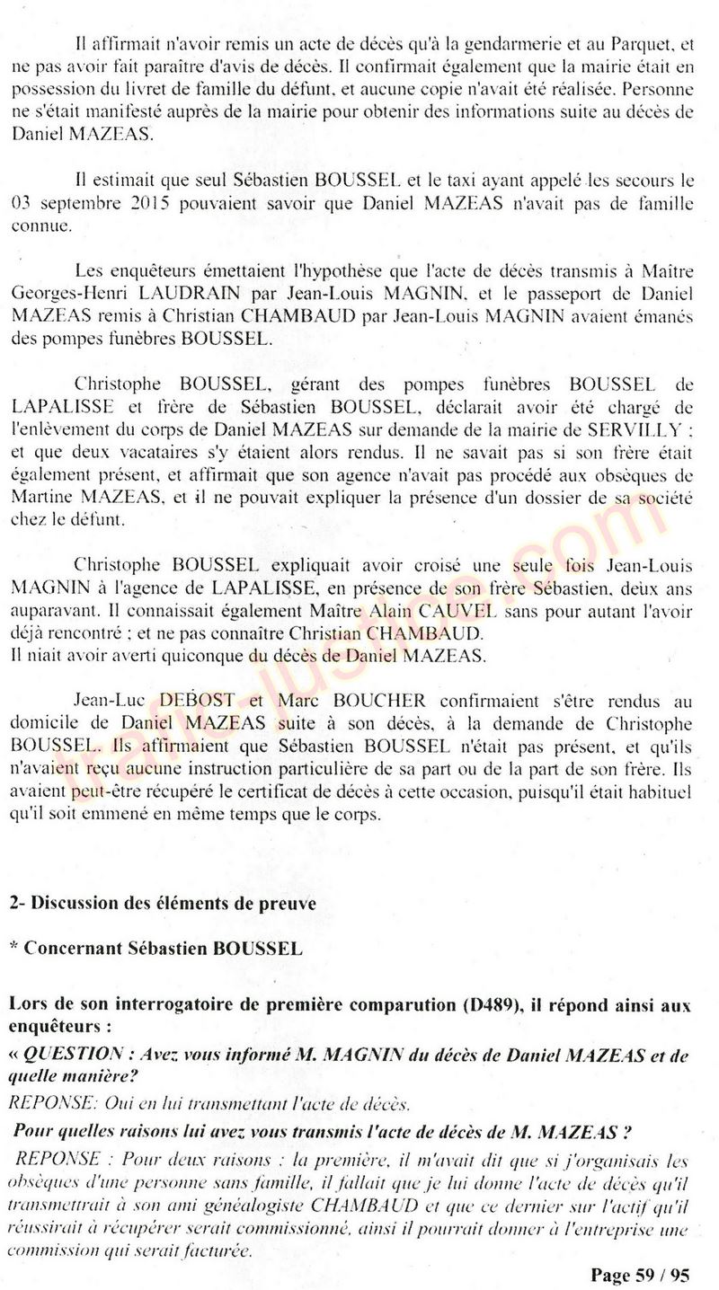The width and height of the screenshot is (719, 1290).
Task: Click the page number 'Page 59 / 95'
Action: pyautogui.click(x=639, y=1274)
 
